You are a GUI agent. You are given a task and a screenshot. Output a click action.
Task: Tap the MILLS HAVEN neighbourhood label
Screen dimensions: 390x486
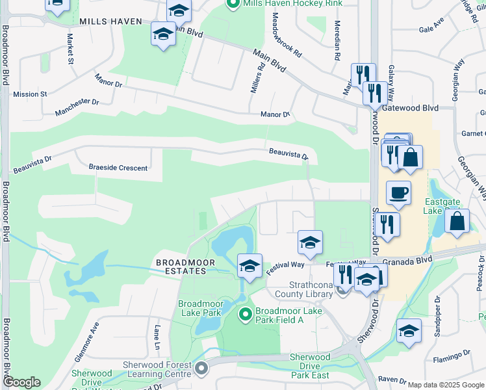110,21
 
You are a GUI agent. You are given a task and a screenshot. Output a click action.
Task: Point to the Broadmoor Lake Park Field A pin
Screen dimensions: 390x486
245,315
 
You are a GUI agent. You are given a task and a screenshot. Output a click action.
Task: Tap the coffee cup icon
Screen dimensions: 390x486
398,192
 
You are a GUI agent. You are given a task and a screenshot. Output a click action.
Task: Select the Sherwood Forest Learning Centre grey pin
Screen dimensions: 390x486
201,369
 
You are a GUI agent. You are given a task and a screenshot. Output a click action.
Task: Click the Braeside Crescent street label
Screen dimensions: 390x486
118,168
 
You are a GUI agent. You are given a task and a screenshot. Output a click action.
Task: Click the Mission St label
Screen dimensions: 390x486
30,94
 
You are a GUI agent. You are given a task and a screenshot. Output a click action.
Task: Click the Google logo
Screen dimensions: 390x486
21,382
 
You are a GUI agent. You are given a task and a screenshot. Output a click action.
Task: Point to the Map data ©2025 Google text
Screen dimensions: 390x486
445,385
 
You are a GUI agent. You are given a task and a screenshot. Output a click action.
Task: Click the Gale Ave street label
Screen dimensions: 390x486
431,29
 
